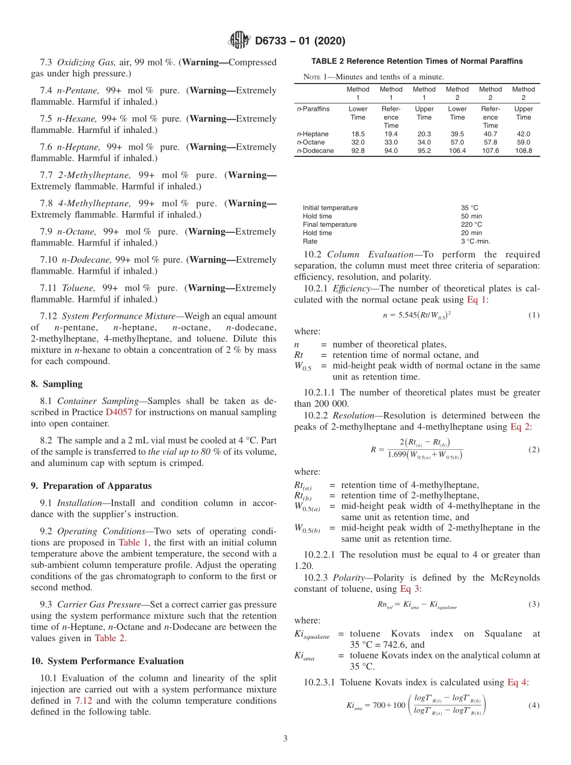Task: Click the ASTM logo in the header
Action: pyautogui.click(x=239, y=41)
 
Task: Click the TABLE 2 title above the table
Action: pyautogui.click(x=417, y=61)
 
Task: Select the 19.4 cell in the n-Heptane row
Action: pyautogui.click(x=391, y=134)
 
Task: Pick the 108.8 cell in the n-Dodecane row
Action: pyautogui.click(x=523, y=151)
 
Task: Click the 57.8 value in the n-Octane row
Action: pyautogui.click(x=490, y=143)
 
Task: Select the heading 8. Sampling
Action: pyautogui.click(x=56, y=384)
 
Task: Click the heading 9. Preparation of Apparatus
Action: pyautogui.click(x=91, y=486)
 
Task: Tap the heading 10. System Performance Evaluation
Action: pyautogui.click(x=107, y=661)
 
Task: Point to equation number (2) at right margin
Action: pyautogui.click(x=533, y=450)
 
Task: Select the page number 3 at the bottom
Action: pyautogui.click(x=285, y=739)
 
